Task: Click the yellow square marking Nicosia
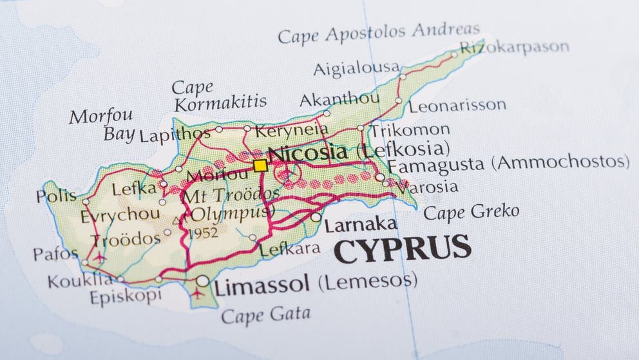pyautogui.click(x=260, y=166)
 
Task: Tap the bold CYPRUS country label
pyautogui.click(x=402, y=248)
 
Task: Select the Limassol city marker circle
pyautogui.click(x=203, y=281)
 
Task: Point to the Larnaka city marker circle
pyautogui.click(x=316, y=218)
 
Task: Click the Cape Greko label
pyautogui.click(x=472, y=213)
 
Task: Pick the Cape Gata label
pyautogui.click(x=265, y=315)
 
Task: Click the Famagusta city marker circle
pyautogui.click(x=380, y=177)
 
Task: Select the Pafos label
pyautogui.click(x=55, y=253)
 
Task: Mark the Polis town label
pyautogui.click(x=56, y=196)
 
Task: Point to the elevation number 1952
pyautogui.click(x=203, y=233)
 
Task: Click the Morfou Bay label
pyautogui.click(x=102, y=125)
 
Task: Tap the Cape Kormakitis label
pyautogui.click(x=220, y=95)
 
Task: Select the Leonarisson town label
pyautogui.click(x=457, y=106)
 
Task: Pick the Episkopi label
pyautogui.click(x=125, y=297)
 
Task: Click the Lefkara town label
pyautogui.click(x=290, y=249)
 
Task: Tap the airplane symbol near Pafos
pyautogui.click(x=100, y=257)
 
